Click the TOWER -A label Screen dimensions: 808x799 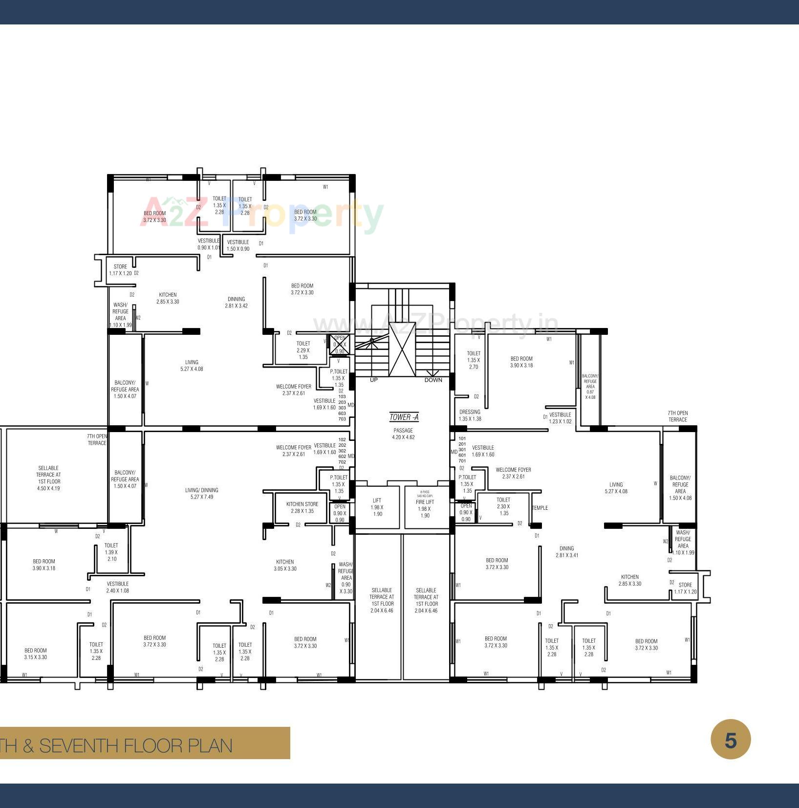[x=404, y=417]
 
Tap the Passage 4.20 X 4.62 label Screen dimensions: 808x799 [x=403, y=434]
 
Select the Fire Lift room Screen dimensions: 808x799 [x=425, y=508]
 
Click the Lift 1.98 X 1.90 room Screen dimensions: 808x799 [x=377, y=507]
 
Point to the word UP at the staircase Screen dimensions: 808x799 [x=374, y=380]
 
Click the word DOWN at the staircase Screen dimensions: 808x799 [x=433, y=380]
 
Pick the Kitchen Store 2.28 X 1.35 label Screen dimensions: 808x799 [x=302, y=507]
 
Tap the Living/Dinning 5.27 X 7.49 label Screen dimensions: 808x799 [x=201, y=493]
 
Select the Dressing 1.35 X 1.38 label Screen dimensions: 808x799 [x=470, y=415]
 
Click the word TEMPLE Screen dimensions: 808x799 [x=540, y=508]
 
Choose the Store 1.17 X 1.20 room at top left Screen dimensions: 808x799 [x=120, y=270]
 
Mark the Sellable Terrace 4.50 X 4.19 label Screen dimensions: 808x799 [x=48, y=478]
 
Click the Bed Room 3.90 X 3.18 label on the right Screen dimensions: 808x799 [x=521, y=362]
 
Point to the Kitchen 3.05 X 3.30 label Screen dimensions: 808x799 [x=285, y=565]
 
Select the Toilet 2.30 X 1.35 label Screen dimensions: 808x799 [x=503, y=506]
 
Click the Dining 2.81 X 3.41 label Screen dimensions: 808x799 [x=566, y=551]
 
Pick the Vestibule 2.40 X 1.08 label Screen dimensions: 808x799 [x=117, y=587]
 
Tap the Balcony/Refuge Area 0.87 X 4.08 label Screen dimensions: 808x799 [x=590, y=386]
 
